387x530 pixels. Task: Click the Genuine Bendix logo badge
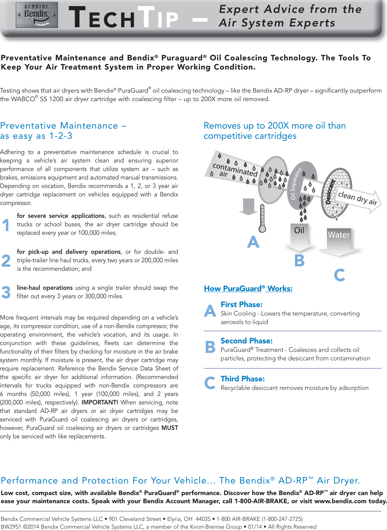[37, 15]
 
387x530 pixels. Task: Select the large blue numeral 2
[6, 261]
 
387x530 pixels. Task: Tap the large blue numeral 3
[6, 292]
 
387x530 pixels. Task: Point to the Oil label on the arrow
[299, 230]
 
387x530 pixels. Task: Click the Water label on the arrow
[338, 235]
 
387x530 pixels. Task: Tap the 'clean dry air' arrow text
[357, 198]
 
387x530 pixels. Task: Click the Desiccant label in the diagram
[330, 192]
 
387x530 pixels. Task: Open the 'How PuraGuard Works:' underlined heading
[248, 288]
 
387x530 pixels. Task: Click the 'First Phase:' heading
[241, 304]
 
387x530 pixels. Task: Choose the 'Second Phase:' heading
[246, 341]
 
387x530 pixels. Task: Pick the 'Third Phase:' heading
[242, 379]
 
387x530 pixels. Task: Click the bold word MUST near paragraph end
[170, 428]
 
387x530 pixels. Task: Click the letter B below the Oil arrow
[299, 261]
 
